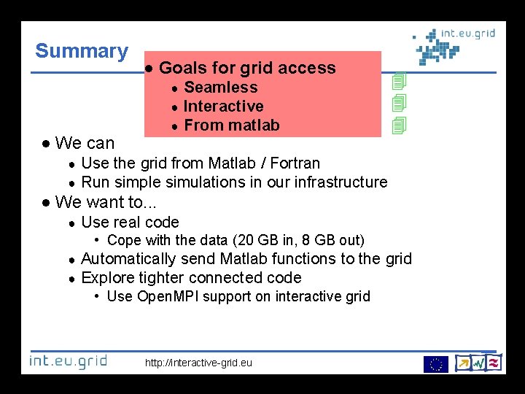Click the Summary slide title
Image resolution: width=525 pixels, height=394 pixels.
[x=82, y=51]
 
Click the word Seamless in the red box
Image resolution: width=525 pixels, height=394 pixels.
[x=220, y=88]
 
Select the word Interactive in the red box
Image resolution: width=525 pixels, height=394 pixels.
[x=223, y=107]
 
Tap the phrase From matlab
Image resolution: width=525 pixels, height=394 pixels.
[x=231, y=125]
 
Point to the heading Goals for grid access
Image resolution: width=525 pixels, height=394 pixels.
[x=246, y=69]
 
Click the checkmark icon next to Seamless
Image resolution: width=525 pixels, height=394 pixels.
[x=398, y=81]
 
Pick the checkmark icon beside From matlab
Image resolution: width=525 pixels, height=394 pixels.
[x=398, y=126]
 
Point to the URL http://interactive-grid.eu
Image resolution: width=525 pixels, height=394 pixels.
[x=199, y=363]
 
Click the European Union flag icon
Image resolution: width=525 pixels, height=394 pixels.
[x=435, y=363]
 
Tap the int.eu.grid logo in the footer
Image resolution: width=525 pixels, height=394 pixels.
[x=68, y=360]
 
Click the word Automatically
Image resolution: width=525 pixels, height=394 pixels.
[x=128, y=259]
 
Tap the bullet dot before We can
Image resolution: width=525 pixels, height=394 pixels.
[x=46, y=144]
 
